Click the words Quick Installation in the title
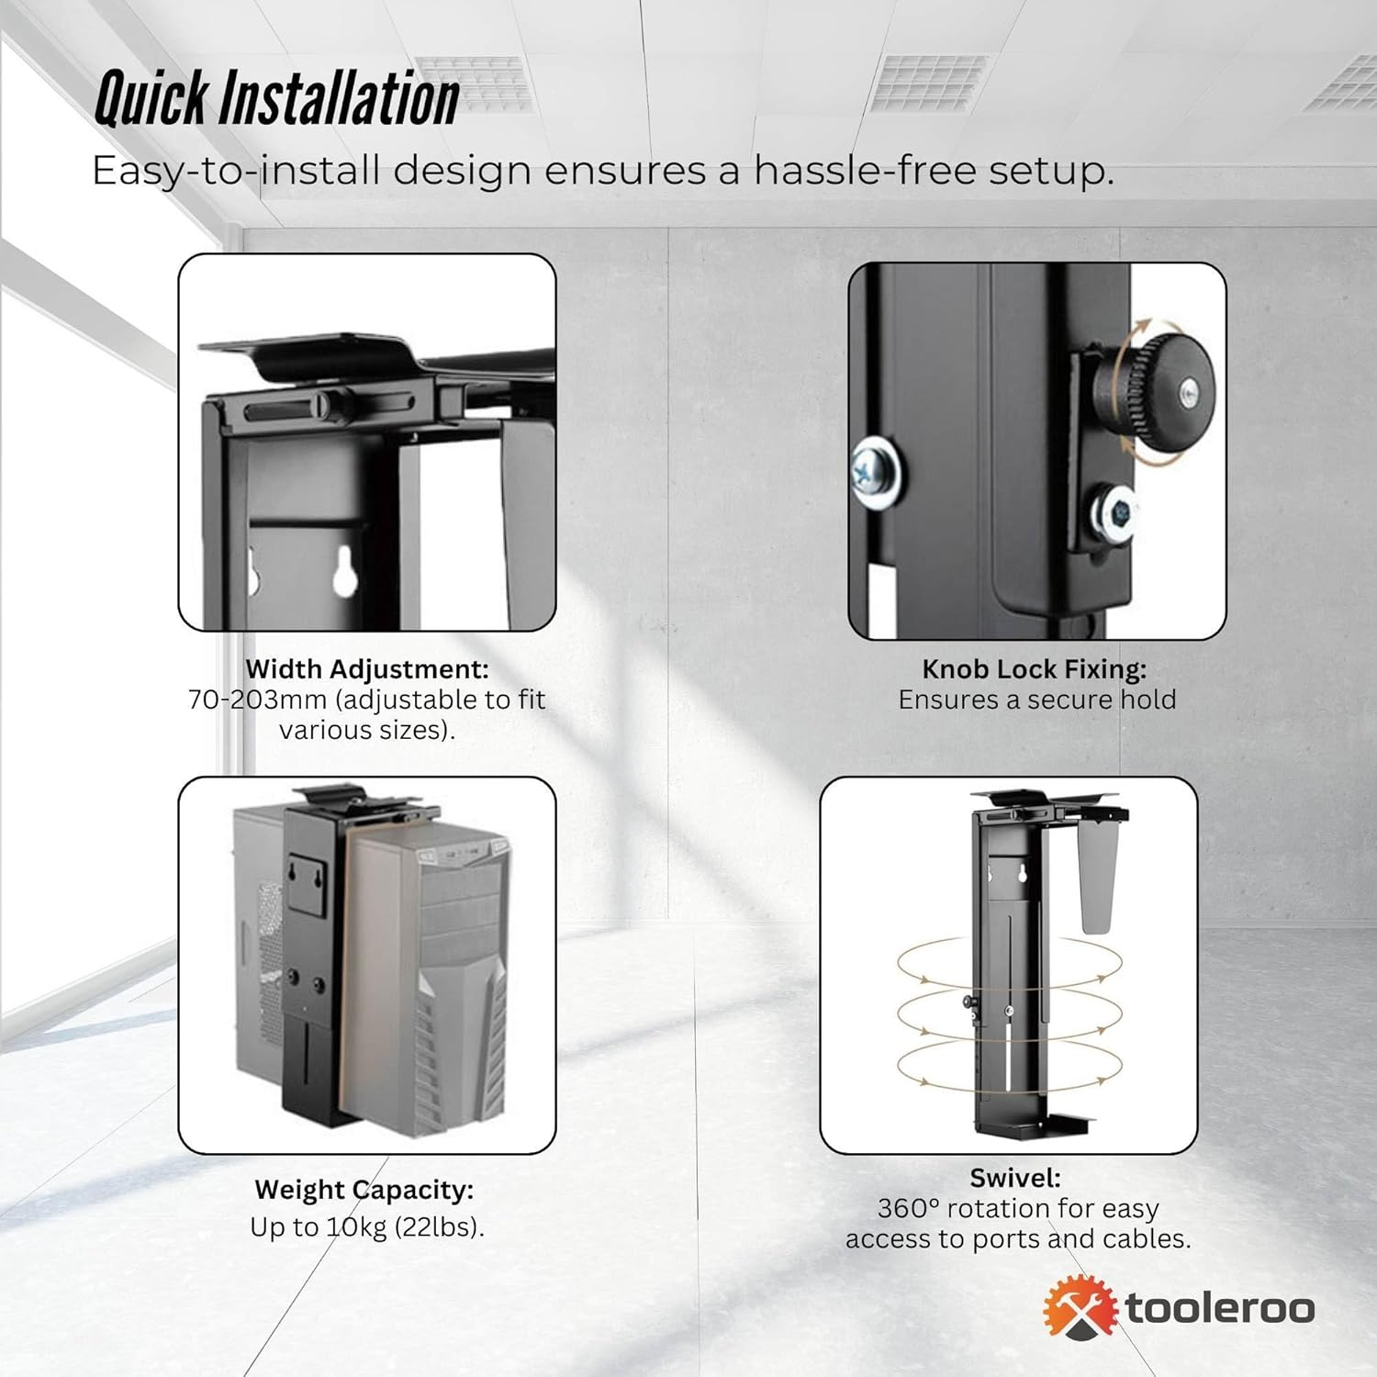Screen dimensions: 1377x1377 coord(276,98)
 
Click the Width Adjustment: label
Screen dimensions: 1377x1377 coord(367,668)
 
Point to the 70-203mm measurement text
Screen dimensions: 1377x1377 coord(257,700)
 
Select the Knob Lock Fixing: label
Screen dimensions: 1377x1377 coord(1035,669)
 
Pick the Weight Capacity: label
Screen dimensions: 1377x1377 coord(364,1190)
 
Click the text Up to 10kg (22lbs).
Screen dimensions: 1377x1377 coord(367,1227)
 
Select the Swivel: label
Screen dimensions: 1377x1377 coord(1015,1178)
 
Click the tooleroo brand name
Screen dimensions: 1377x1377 coord(1220,1308)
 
